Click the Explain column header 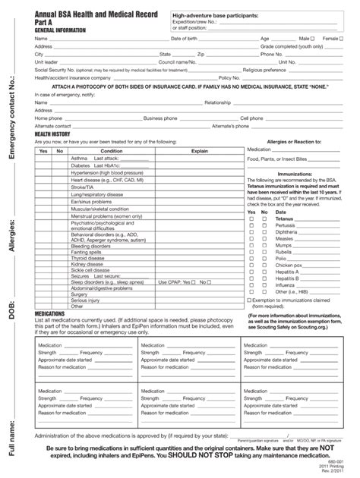pyautogui.click(x=199, y=151)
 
